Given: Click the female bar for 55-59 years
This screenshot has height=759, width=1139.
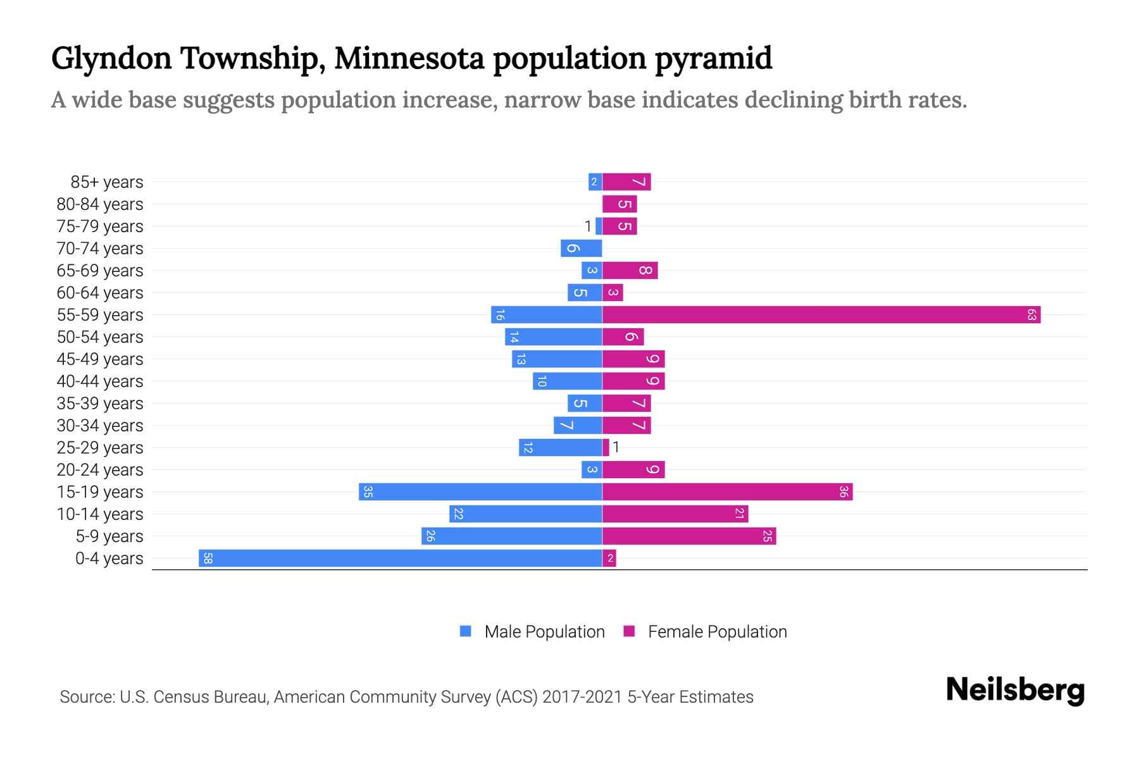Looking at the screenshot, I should click(821, 315).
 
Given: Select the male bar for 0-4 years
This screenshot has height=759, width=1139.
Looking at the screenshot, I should click(400, 558).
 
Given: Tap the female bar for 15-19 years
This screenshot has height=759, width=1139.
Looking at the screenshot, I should click(727, 492).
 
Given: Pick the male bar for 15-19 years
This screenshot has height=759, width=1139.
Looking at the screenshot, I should click(480, 492).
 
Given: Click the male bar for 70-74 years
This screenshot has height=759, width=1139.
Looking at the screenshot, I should click(581, 249).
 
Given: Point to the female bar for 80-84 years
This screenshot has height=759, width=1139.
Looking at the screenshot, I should click(619, 204).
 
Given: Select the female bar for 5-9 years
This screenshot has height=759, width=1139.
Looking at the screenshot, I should click(689, 536).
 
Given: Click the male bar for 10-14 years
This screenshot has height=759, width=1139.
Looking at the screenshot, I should click(525, 514).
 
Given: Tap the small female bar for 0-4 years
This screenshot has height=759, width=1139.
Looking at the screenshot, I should click(609, 558).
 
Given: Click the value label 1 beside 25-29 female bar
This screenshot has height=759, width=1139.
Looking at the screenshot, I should click(616, 448).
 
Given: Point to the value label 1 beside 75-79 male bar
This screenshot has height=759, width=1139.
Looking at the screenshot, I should click(588, 226).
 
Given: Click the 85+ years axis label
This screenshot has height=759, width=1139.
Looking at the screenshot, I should click(107, 182).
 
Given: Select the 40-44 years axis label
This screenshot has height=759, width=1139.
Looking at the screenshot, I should click(100, 381).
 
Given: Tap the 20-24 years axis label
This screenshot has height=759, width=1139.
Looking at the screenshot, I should click(100, 470).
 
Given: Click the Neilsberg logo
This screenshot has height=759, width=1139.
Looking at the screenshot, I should click(1015, 690).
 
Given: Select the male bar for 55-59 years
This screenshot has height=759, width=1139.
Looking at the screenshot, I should click(546, 315).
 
